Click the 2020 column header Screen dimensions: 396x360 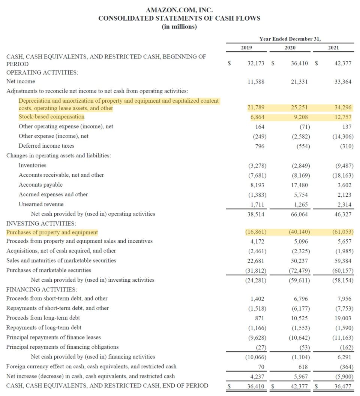[x=289, y=48]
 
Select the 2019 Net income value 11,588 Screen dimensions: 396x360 [x=256, y=81]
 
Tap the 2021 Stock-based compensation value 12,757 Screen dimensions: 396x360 [x=342, y=117]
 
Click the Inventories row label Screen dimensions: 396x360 [x=33, y=165]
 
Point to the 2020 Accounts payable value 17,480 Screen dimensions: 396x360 [x=300, y=185]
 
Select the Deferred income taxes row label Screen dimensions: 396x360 [x=46, y=146]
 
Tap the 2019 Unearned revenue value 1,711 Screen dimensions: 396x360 [x=258, y=204]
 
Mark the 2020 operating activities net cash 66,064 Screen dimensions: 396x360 [x=300, y=214]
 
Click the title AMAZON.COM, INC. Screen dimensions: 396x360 [x=179, y=10]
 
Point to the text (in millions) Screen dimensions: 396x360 [x=179, y=27]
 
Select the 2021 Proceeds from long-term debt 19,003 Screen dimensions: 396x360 [x=343, y=318]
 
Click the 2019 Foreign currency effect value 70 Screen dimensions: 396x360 [x=261, y=366]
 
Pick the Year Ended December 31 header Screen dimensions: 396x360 [x=290, y=39]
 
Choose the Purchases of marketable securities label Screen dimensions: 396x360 [x=49, y=270]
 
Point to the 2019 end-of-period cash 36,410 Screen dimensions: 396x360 [x=256, y=386]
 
